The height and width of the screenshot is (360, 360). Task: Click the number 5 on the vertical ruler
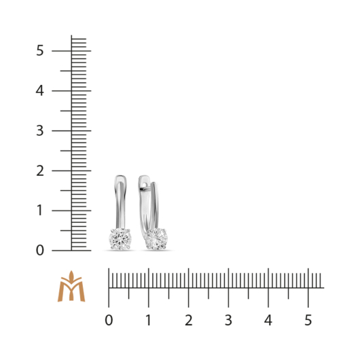pos(39,50)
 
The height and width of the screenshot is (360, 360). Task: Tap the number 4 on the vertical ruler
pos(39,91)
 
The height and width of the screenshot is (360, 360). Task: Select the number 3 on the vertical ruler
pos(39,130)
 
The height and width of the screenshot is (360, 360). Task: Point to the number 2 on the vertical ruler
pos(40,170)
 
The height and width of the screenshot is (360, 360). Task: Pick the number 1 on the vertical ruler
pos(39,211)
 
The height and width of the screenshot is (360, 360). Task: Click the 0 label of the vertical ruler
pos(39,251)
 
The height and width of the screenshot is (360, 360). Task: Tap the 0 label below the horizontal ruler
pos(109,320)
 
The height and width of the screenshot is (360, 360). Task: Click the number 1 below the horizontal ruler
pos(149,320)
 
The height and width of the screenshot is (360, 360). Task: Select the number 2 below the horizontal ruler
pos(189,320)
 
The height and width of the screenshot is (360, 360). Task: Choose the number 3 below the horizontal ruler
pos(228,320)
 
